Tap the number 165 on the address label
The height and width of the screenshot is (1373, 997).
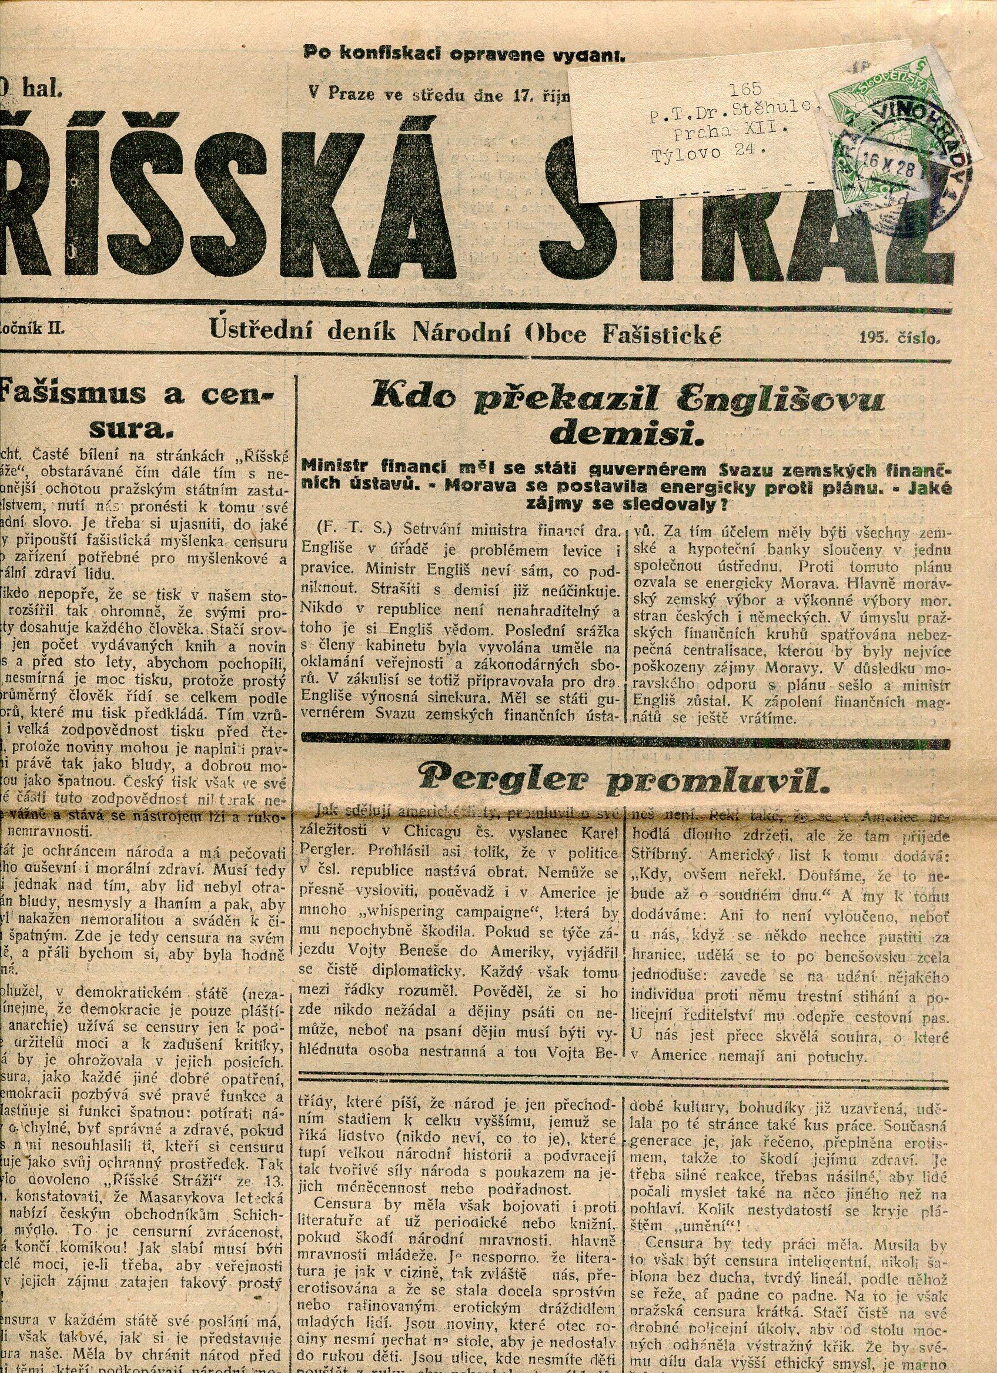[x=745, y=89]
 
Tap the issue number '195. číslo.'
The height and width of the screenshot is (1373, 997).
[x=899, y=338]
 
